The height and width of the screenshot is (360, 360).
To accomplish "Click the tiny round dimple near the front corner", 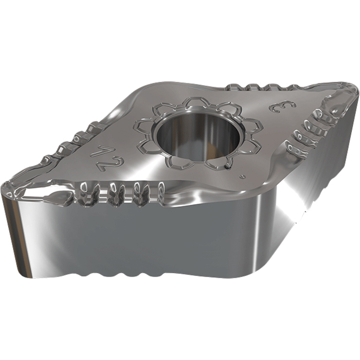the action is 242,176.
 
